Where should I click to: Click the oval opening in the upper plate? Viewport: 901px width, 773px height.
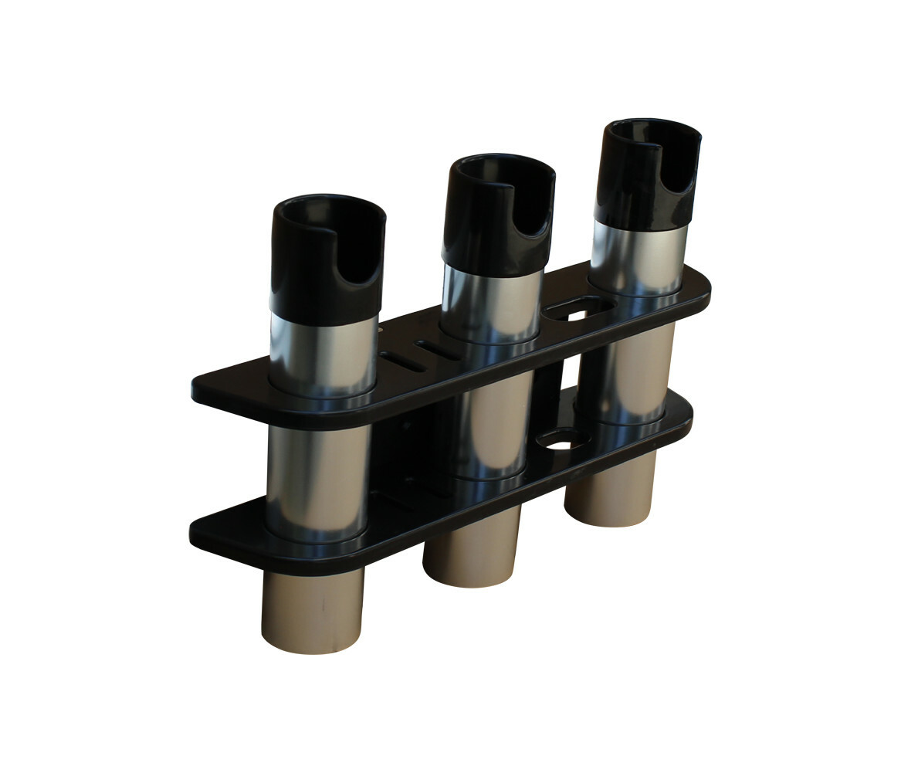click(575, 310)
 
